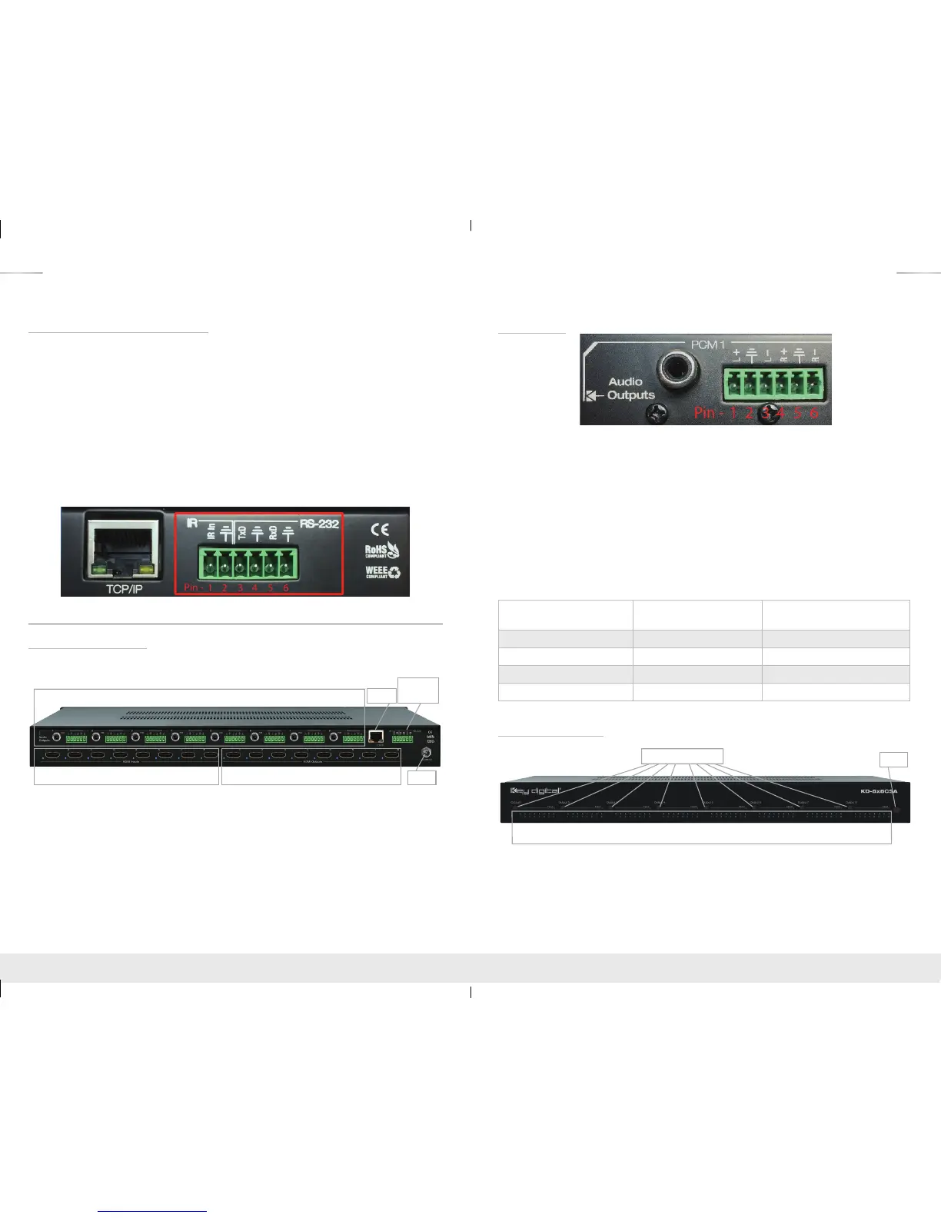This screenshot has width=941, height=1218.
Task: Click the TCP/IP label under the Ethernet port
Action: (125, 588)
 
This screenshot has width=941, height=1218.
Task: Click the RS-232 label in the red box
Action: (319, 524)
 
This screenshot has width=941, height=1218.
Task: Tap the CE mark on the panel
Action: (380, 529)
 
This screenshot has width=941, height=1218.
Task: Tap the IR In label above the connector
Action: (211, 531)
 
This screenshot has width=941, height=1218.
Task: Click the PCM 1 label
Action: (707, 344)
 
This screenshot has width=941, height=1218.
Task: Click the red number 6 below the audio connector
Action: (814, 413)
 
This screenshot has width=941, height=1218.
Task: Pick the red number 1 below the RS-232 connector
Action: (210, 588)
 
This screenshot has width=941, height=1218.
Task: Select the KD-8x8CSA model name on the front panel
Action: (878, 790)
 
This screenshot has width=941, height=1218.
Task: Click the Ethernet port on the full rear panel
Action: (377, 736)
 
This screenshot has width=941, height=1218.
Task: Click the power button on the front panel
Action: (896, 809)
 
